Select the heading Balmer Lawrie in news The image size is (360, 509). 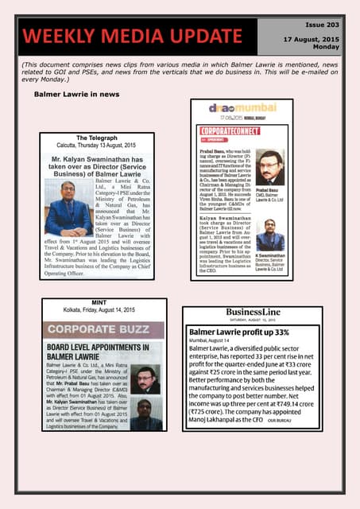click(76, 94)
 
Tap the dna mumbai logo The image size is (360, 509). click(241, 112)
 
